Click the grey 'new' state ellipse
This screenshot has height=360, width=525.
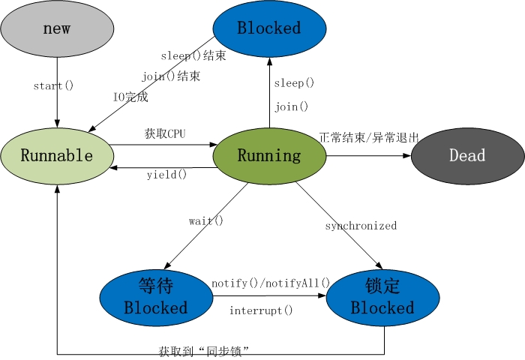[x=57, y=28]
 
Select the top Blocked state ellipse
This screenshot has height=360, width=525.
[x=269, y=28]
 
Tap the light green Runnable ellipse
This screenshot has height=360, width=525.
[x=57, y=156]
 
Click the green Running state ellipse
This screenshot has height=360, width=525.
[x=269, y=156]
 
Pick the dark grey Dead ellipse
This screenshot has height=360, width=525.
[x=467, y=156]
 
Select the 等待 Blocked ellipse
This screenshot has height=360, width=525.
[x=156, y=297]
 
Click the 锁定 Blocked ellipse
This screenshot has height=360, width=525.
[x=382, y=297]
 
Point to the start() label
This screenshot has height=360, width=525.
[x=53, y=85]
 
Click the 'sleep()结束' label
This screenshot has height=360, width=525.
[x=193, y=56]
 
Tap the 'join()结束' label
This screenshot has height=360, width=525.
[x=171, y=76]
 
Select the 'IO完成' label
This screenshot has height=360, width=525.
[x=130, y=97]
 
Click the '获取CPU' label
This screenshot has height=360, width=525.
[x=165, y=134]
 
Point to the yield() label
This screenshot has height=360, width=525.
[x=166, y=175]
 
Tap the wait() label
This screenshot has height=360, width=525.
[x=206, y=221]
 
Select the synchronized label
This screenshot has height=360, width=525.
[x=361, y=226]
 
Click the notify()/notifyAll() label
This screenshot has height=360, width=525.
[x=271, y=283]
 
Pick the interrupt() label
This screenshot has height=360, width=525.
[x=261, y=310]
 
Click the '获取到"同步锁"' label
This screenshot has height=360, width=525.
[x=203, y=350]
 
